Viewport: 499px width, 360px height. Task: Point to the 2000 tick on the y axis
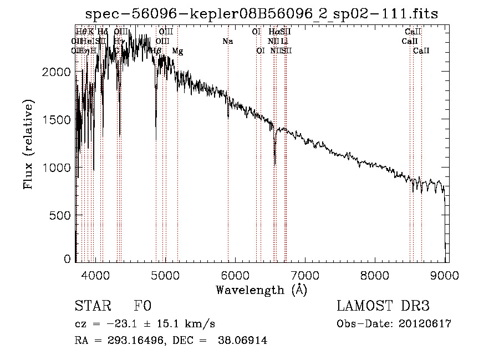pyautogui.click(x=58, y=72)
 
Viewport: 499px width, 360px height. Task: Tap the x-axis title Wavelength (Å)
pyautogui.click(x=261, y=290)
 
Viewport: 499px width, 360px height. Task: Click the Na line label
pyautogui.click(x=227, y=41)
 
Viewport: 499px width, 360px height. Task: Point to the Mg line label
pyautogui.click(x=177, y=51)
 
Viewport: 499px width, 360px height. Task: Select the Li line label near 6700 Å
pyautogui.click(x=284, y=41)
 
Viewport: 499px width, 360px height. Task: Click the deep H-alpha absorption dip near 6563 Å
pyautogui.click(x=275, y=161)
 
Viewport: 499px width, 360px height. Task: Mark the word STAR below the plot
pyautogui.click(x=93, y=307)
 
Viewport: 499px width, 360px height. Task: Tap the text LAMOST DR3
pyautogui.click(x=383, y=307)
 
